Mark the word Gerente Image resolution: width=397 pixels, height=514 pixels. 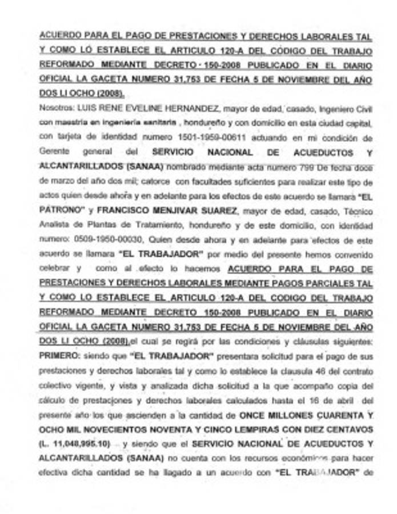(53, 152)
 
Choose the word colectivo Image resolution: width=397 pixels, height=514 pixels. (56, 385)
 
